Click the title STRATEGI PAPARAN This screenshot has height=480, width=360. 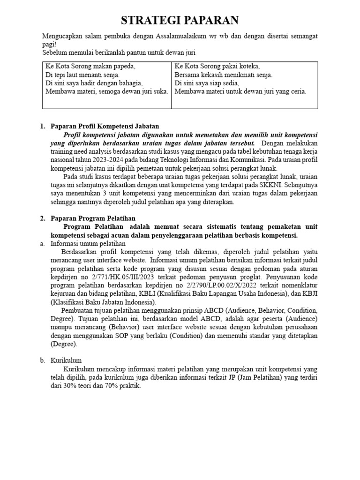180,20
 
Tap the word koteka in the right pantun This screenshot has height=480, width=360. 249,66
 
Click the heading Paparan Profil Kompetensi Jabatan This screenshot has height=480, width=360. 105,126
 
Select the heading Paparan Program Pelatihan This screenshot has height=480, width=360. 93,218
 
